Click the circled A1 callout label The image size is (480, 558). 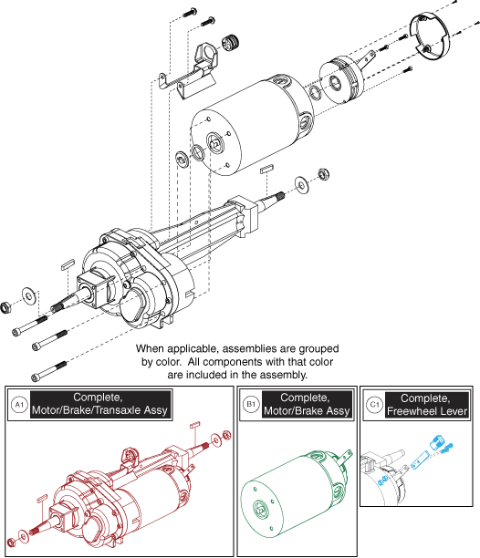[x=19, y=405]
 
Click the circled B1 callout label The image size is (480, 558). [x=251, y=404]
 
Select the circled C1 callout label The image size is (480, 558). [x=374, y=405]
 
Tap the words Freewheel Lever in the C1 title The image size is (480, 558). [x=427, y=411]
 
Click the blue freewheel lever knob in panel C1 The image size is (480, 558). [x=436, y=442]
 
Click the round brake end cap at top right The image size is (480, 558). [x=430, y=36]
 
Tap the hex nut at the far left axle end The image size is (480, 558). [x=6, y=306]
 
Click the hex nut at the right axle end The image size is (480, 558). [x=323, y=174]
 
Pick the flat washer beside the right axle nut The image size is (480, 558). [x=302, y=185]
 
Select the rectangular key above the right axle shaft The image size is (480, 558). [x=266, y=169]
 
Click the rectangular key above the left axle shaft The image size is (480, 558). [x=68, y=264]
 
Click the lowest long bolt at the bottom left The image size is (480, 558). [x=49, y=371]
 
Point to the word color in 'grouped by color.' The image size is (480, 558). [x=170, y=362]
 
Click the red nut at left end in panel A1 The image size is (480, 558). [x=11, y=542]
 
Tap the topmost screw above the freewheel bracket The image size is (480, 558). [x=190, y=13]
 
